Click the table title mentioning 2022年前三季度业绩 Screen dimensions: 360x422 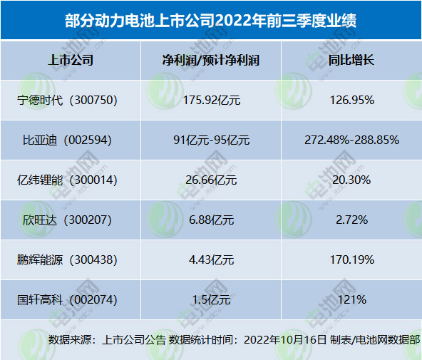point(211,20)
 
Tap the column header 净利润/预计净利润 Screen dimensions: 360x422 point(211,60)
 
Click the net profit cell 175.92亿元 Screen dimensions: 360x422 point(210,100)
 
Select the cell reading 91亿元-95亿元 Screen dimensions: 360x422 point(211,140)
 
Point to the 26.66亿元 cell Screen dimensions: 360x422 point(210,180)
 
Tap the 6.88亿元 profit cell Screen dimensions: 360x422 point(210,220)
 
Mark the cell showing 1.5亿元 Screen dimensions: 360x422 point(210,299)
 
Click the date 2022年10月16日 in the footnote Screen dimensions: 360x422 point(285,339)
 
